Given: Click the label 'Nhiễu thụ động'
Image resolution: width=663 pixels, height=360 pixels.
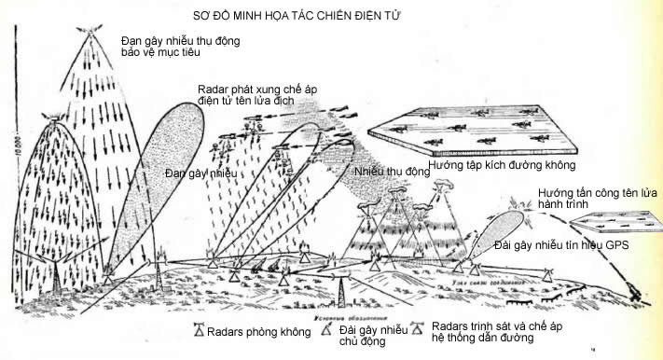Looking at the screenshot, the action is point(392,173).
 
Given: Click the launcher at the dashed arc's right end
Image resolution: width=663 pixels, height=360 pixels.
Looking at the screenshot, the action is point(637,293).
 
